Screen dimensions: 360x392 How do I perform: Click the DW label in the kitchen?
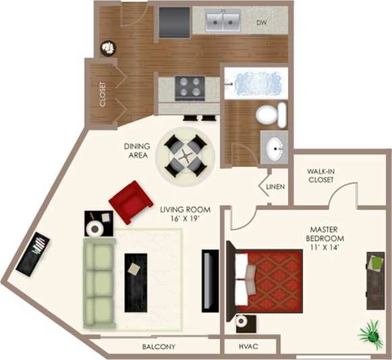(263, 23)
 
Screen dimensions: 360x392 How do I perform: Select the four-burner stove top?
(190, 87)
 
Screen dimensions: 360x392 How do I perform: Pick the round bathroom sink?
(275, 148)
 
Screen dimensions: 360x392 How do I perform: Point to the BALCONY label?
(159, 346)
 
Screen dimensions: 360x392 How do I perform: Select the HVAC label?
(248, 346)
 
